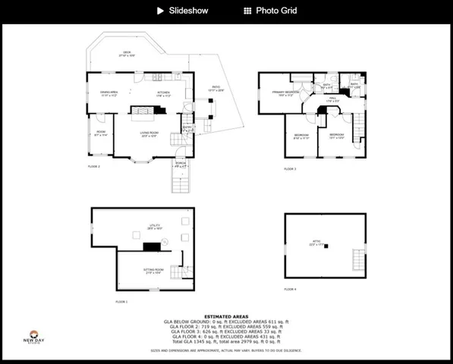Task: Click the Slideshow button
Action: click(x=182, y=11)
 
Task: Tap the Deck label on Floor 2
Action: click(x=127, y=54)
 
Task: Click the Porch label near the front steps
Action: click(x=181, y=164)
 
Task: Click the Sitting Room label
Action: click(x=155, y=271)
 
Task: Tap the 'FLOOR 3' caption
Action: click(x=290, y=169)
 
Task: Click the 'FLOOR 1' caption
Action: click(x=121, y=302)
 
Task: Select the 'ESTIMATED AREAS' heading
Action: click(x=226, y=316)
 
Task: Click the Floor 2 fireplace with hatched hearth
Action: click(x=143, y=111)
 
